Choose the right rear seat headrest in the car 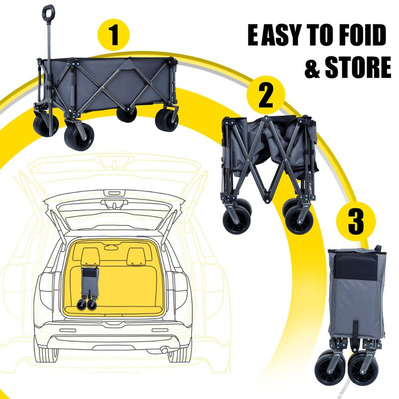tap(136, 256)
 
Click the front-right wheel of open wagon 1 tap(166, 121)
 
